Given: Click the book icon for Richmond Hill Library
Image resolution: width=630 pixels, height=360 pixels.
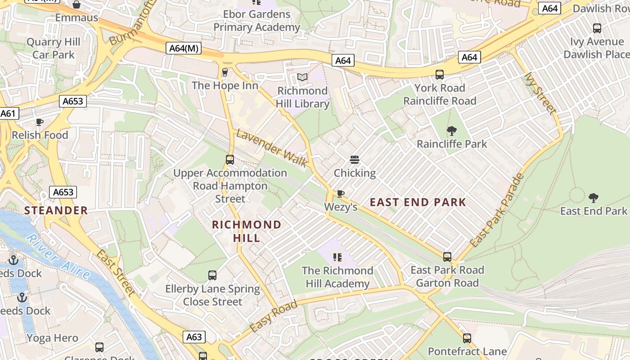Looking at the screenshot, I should [302, 77].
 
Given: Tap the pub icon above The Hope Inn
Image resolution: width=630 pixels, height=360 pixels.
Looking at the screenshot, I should [225, 72].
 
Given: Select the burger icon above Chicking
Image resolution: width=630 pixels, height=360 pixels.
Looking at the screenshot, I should [355, 160].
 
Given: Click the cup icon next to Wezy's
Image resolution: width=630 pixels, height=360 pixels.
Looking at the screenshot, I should [341, 193].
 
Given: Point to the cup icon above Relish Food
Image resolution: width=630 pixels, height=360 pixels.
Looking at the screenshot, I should [40, 121].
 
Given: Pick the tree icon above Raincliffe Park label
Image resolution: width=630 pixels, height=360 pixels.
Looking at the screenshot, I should [452, 131].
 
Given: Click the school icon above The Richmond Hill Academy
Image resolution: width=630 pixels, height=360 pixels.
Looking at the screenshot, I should [337, 257].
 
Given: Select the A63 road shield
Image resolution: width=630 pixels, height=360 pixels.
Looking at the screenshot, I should [194, 337].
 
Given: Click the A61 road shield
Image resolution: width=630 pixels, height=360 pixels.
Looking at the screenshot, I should [8, 113].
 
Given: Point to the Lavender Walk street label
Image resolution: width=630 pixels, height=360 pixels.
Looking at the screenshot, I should [271, 148].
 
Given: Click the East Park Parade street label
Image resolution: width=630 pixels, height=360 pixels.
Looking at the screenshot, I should [497, 210].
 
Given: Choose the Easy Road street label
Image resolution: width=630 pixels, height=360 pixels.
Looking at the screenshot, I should [273, 317].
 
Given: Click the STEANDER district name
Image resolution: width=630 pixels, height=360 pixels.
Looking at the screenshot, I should [56, 211].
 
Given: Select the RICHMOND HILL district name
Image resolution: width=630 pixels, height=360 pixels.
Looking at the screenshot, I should [247, 231].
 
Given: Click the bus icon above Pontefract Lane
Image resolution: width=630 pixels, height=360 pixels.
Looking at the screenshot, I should [467, 338].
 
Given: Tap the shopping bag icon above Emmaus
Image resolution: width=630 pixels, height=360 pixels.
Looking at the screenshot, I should [76, 4].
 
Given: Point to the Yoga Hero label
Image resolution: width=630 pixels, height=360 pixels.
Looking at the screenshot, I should [52, 338].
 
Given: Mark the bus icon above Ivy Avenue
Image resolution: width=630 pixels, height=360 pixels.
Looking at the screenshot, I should [597, 28].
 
